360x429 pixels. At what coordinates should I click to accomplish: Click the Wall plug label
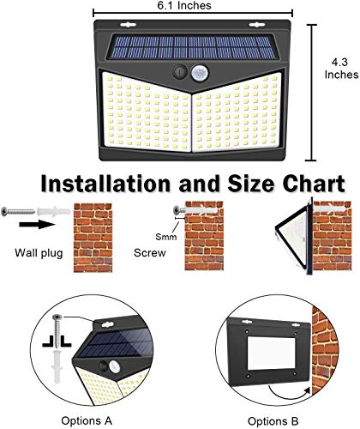39,253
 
